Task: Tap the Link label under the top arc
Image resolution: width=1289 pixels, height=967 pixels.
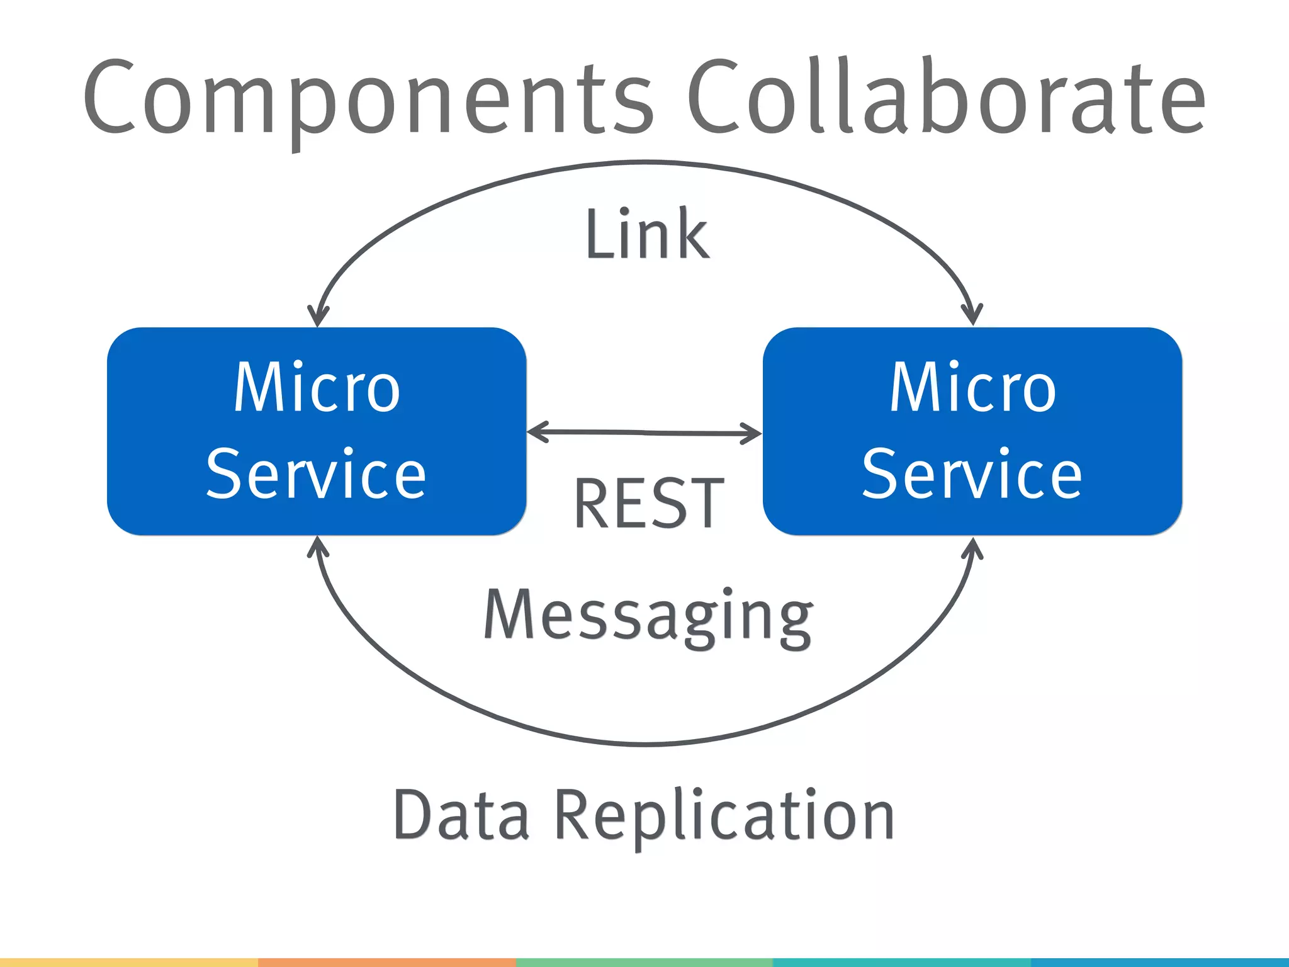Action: (x=647, y=234)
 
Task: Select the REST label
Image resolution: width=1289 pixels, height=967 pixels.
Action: (x=648, y=504)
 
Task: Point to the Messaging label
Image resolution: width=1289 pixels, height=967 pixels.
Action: (x=648, y=617)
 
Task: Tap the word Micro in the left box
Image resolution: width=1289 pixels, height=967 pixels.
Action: (x=317, y=388)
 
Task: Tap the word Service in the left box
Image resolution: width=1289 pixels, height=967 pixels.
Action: (x=317, y=473)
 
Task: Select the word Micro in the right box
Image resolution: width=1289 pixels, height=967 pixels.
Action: (x=972, y=388)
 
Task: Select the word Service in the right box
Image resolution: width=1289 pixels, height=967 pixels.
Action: (x=972, y=473)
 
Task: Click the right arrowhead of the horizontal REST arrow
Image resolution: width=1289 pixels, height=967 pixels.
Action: (x=754, y=433)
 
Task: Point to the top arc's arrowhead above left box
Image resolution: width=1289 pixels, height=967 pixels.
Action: (x=318, y=318)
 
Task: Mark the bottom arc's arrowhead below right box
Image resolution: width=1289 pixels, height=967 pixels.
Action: (x=973, y=546)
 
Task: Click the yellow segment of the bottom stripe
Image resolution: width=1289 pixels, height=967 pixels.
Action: (x=129, y=963)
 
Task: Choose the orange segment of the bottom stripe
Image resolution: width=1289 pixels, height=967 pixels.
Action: (x=386, y=963)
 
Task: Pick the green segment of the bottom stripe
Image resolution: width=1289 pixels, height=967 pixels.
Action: (x=644, y=963)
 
